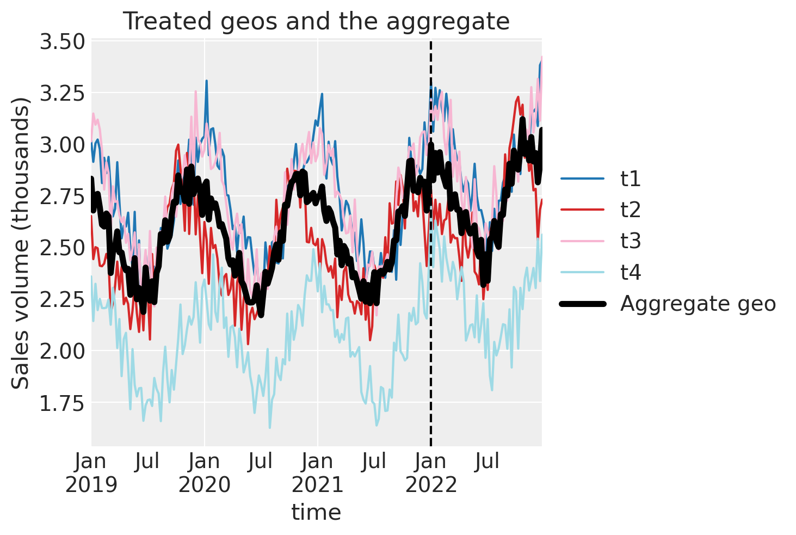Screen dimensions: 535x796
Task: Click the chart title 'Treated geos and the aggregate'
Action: [x=316, y=22]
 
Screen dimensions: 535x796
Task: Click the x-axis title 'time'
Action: [x=316, y=512]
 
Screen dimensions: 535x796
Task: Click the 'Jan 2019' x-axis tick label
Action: [x=91, y=472]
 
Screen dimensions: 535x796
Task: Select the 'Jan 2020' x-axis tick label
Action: [x=205, y=472]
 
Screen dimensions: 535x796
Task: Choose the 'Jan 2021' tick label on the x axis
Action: [x=318, y=472]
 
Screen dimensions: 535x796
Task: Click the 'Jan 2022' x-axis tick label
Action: [x=431, y=472]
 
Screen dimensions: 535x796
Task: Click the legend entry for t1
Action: [x=631, y=179]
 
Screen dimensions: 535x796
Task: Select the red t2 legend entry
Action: [x=631, y=210]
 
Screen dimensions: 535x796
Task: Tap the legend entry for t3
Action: [x=631, y=241]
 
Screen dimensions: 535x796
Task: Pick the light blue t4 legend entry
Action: [x=631, y=272]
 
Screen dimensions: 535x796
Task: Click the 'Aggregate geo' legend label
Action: [x=698, y=304]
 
